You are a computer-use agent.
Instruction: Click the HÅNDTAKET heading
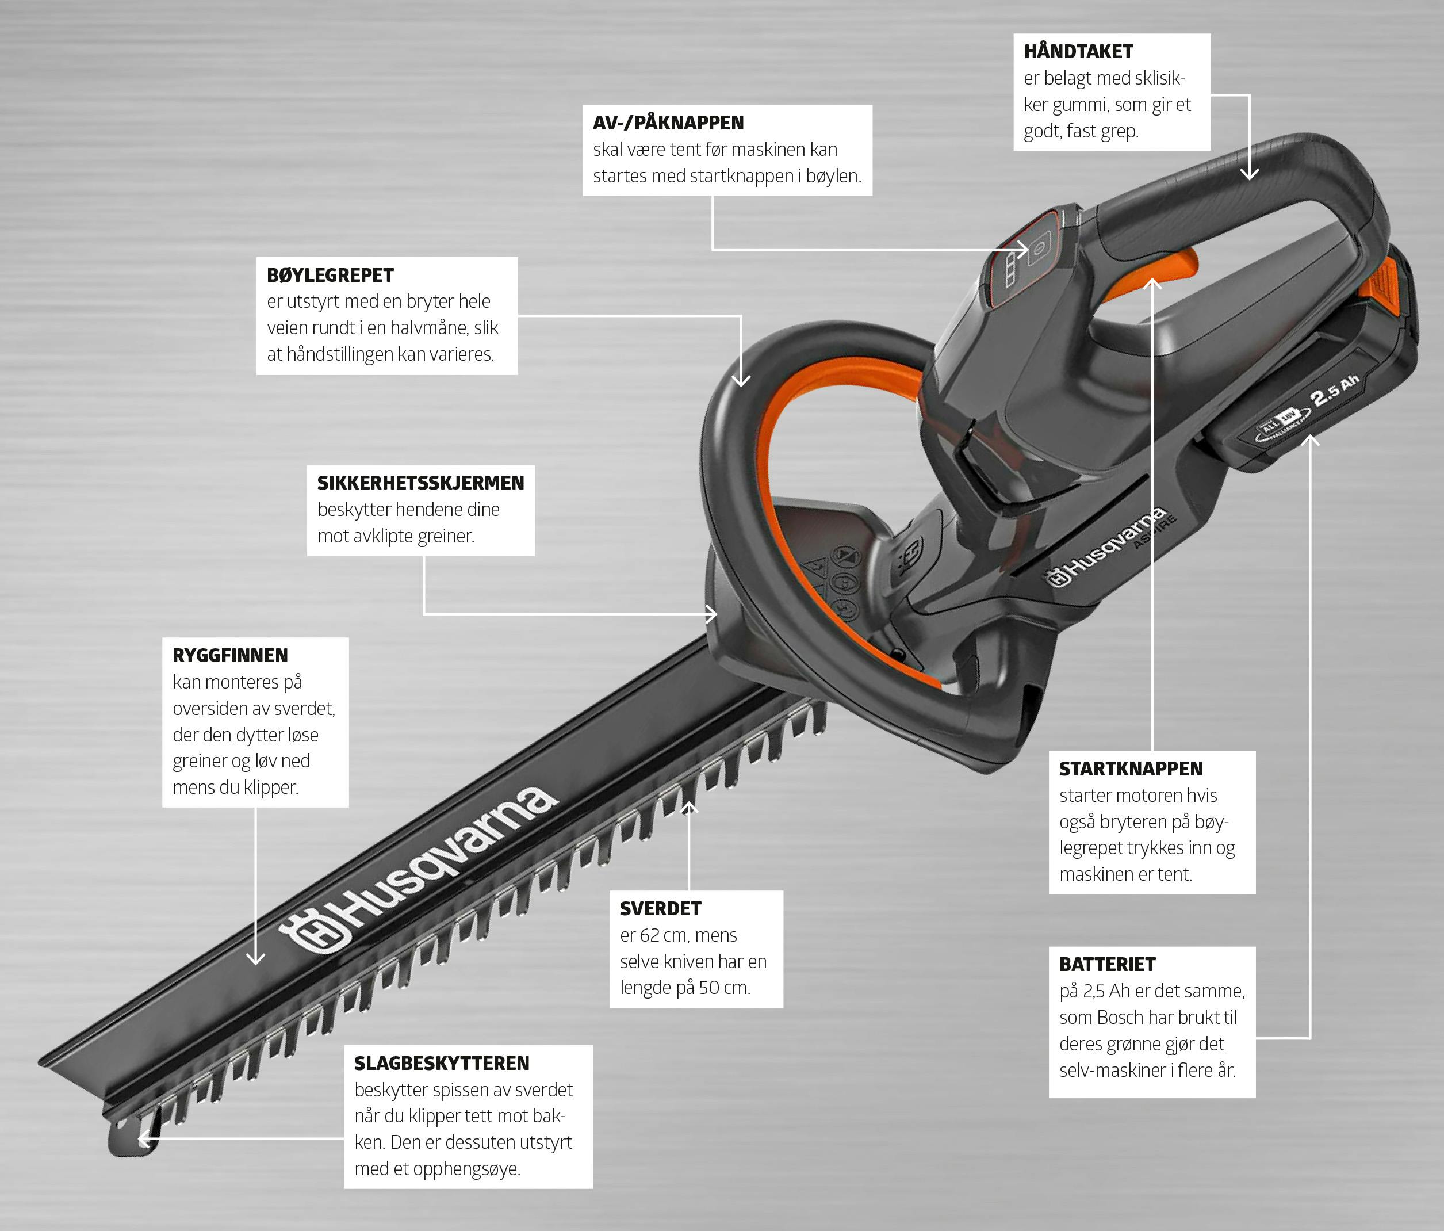coord(1078,52)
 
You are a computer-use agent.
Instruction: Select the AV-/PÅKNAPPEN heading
coord(668,123)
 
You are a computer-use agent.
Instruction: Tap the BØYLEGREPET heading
coord(330,276)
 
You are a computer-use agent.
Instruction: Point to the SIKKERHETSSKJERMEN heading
coord(420,483)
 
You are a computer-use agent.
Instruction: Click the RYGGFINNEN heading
coord(230,655)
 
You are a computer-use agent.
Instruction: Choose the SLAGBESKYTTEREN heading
coord(442,1063)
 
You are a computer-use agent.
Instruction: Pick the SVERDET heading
coord(661,908)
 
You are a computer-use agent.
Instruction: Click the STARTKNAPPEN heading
coord(1131,769)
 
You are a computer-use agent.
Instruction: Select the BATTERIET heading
coord(1108,964)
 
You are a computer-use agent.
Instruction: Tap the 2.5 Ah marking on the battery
coord(1335,391)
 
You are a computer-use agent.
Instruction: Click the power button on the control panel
coord(1039,249)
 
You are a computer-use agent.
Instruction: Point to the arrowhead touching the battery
coord(1310,441)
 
